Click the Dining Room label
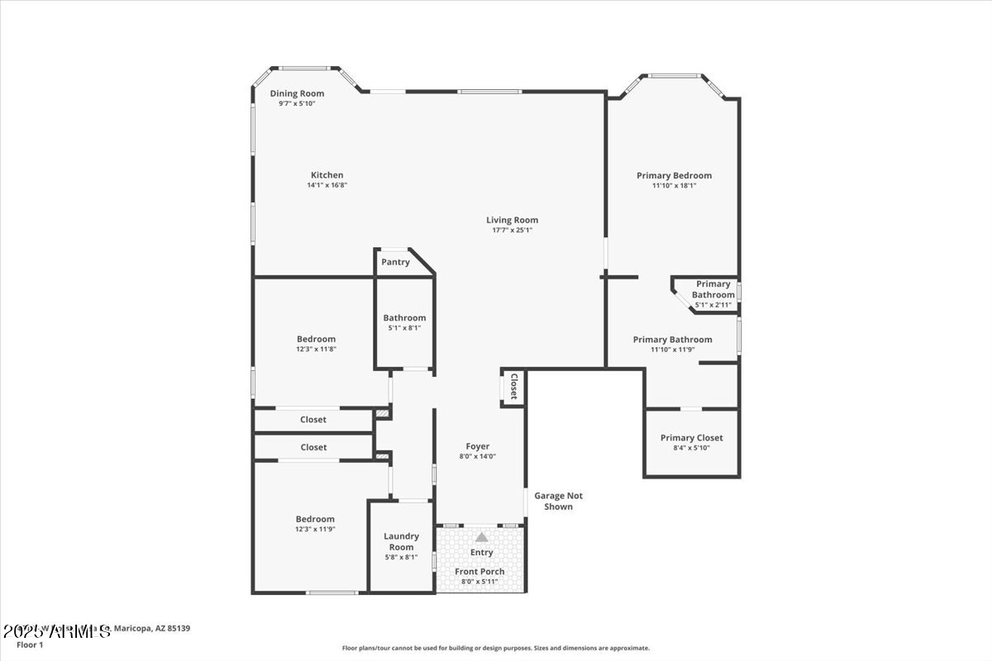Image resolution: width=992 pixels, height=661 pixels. [x=297, y=93]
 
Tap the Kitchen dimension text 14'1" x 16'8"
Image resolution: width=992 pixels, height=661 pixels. [x=327, y=185]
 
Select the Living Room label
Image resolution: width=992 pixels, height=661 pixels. [x=512, y=220]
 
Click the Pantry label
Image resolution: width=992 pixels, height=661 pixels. [x=395, y=262]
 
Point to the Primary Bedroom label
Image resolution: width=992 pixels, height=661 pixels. [x=674, y=175]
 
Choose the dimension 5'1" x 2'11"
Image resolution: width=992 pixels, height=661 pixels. [x=713, y=305]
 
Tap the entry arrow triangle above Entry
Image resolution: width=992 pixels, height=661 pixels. [x=481, y=537]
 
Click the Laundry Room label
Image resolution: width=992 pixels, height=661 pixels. [x=401, y=541]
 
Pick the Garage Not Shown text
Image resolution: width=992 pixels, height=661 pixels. [x=558, y=501]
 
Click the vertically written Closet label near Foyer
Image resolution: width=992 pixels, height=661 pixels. [x=513, y=387]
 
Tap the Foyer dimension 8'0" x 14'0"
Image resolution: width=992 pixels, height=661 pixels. [x=478, y=456]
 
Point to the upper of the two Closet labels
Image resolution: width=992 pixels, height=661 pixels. [x=313, y=420]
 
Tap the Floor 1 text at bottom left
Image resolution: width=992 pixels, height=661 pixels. [x=30, y=644]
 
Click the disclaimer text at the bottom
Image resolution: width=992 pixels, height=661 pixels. [x=496, y=649]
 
